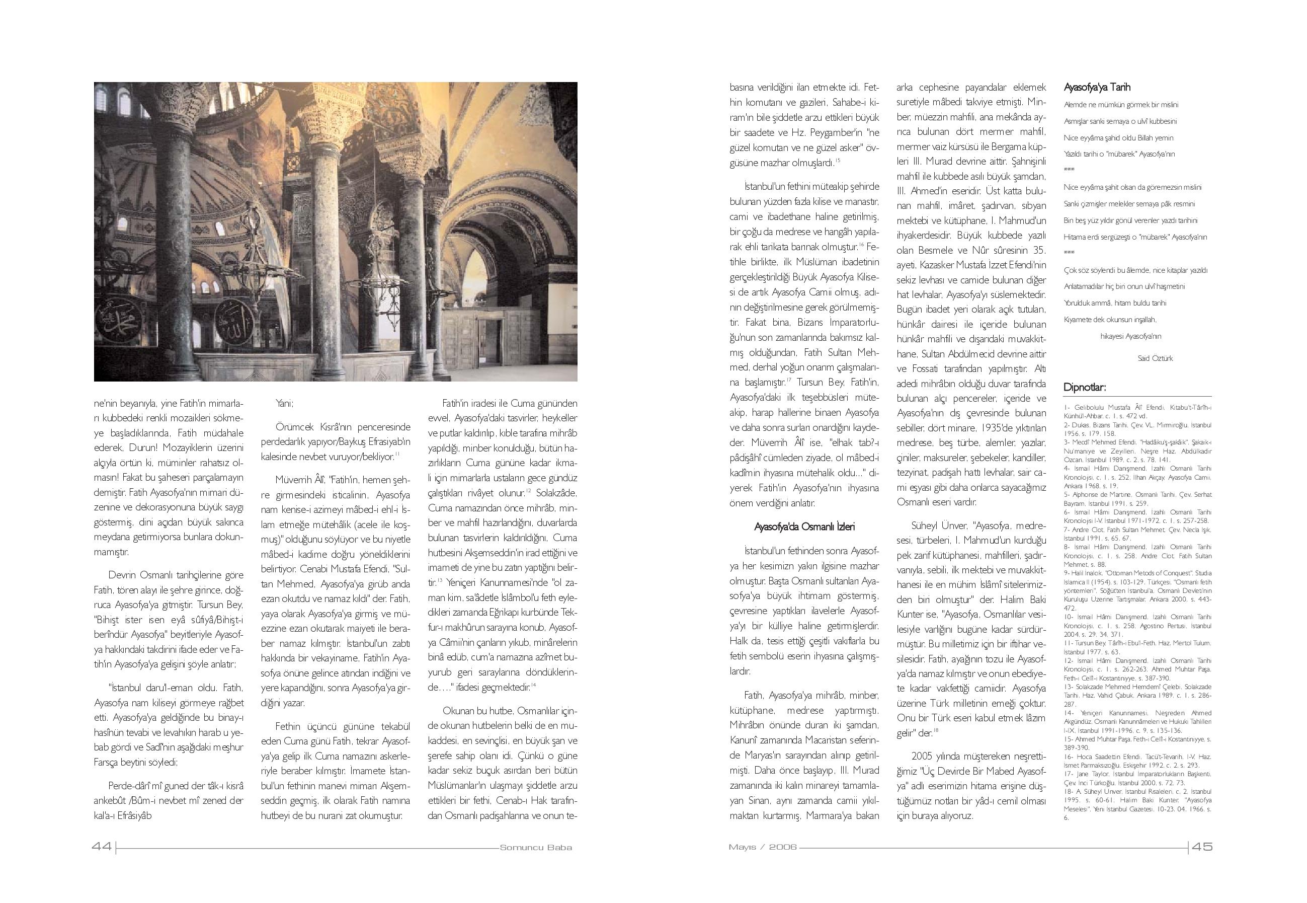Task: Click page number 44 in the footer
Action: click(102, 847)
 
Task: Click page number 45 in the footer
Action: click(1202, 847)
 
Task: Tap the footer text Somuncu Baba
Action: click(536, 848)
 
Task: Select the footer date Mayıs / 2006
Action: click(762, 847)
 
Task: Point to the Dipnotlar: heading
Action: click(1085, 388)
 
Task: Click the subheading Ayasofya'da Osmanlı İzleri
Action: click(804, 526)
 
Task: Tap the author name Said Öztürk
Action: click(1155, 358)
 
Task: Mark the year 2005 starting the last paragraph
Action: click(924, 756)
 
